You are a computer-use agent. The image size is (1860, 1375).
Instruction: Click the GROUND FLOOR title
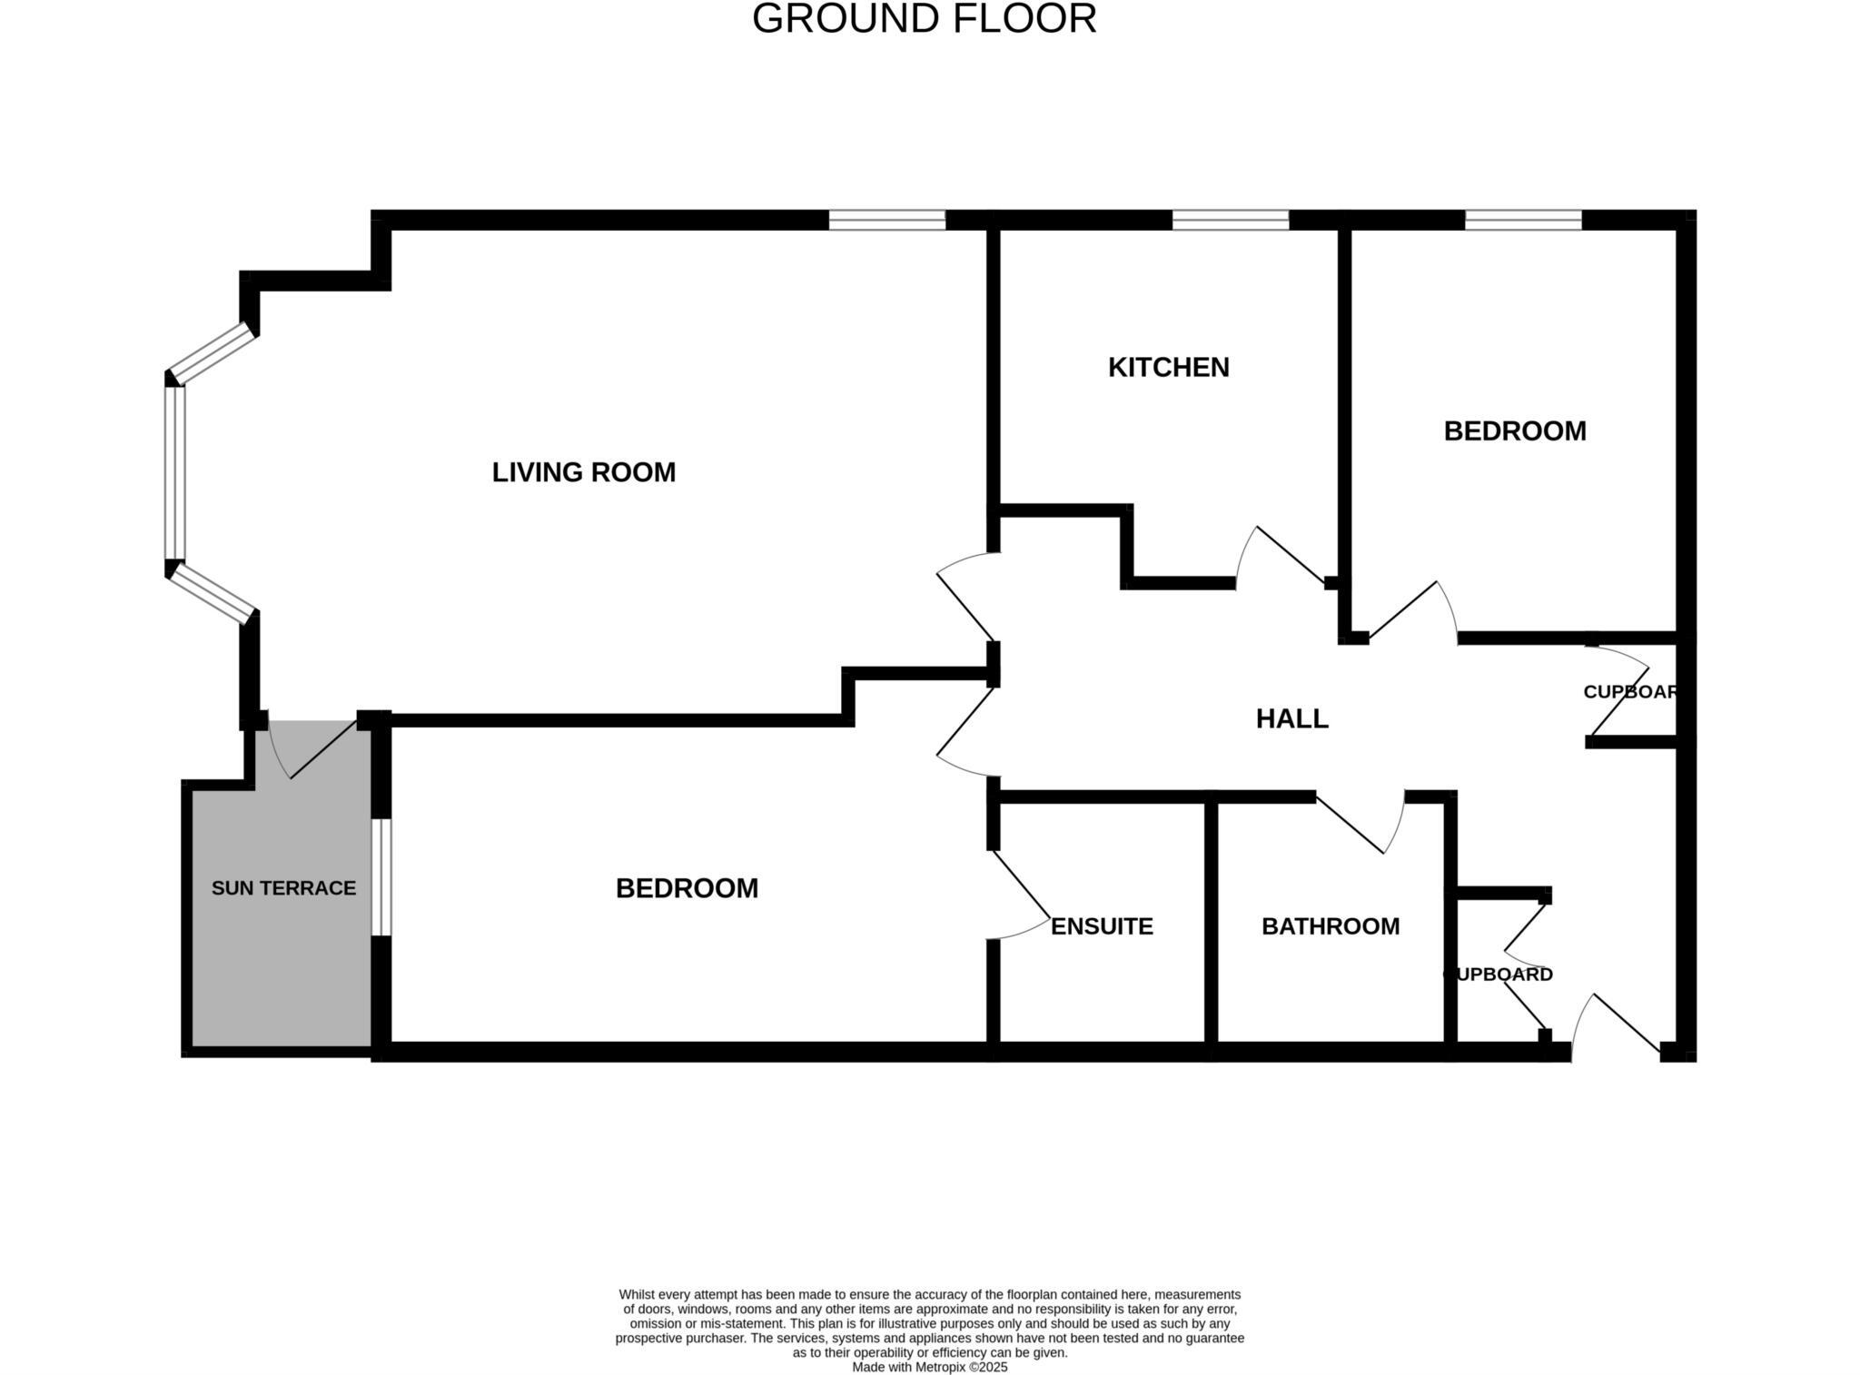click(x=924, y=19)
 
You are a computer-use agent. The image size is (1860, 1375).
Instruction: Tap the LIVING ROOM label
click(x=583, y=472)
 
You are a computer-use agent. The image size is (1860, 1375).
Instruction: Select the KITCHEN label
click(x=1168, y=367)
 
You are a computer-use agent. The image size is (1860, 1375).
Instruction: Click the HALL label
click(x=1291, y=718)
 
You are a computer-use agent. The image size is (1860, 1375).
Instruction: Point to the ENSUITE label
click(x=1102, y=926)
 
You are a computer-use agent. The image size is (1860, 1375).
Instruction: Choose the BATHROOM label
click(x=1331, y=926)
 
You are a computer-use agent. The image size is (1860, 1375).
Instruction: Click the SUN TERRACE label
click(x=283, y=888)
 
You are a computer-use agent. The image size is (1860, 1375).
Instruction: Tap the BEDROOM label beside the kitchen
click(x=1515, y=430)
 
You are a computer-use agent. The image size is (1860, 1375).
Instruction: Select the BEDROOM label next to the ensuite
click(x=687, y=888)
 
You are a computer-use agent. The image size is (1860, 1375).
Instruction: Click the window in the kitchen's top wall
click(x=1230, y=220)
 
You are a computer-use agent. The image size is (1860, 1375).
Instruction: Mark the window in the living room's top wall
click(x=886, y=220)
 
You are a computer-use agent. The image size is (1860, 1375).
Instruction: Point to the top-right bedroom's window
click(x=1523, y=220)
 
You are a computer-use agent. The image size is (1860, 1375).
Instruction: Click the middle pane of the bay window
click(x=175, y=472)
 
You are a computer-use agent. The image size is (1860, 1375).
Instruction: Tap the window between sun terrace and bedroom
click(x=381, y=877)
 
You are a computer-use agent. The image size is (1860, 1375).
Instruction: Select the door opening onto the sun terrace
click(x=313, y=750)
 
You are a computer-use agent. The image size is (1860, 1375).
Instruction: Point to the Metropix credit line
click(x=929, y=1367)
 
